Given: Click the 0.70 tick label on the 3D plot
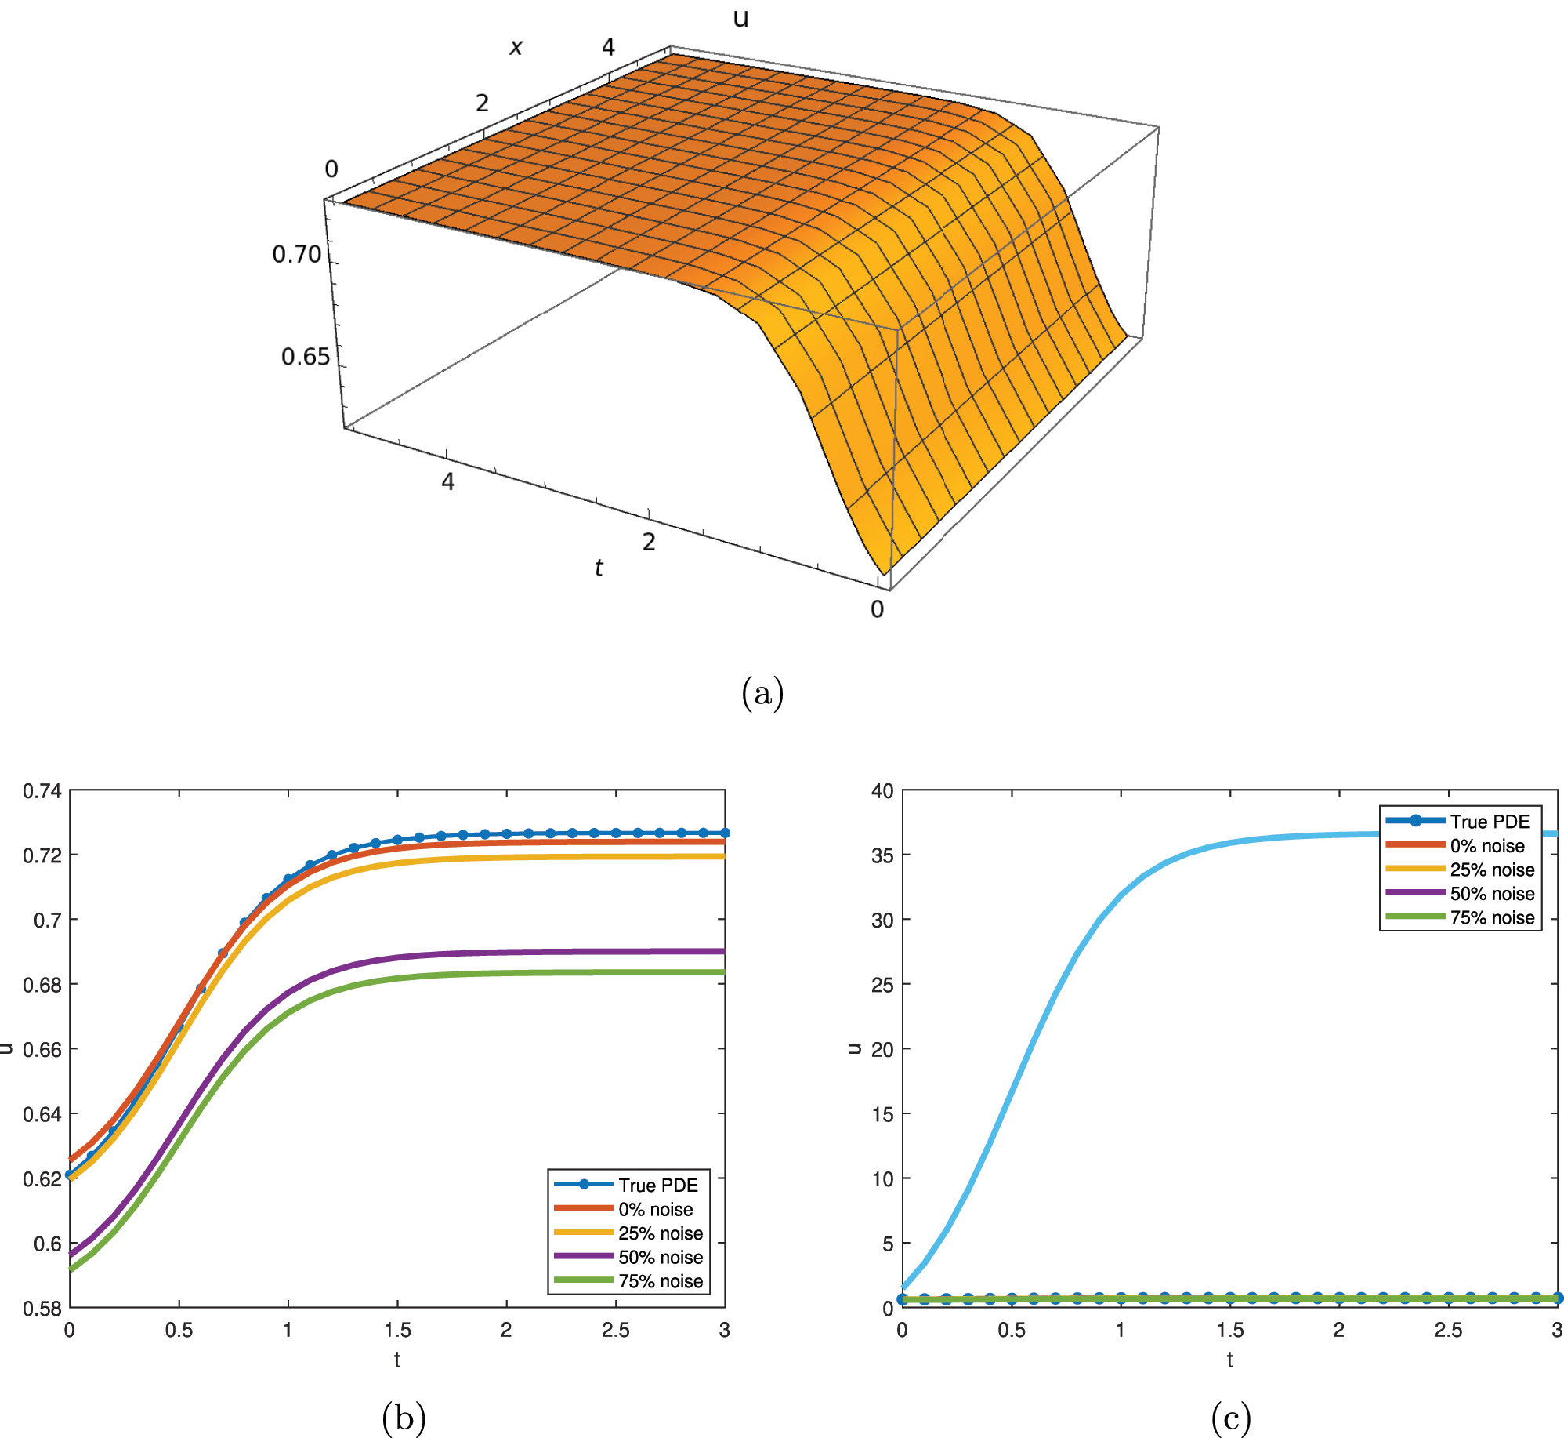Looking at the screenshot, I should [297, 254].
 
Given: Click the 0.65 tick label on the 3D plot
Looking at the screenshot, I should [306, 357].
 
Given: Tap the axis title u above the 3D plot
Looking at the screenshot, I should [740, 17].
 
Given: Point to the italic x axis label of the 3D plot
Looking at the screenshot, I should [516, 47].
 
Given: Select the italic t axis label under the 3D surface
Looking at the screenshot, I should [599, 567].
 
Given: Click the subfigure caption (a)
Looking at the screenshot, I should [762, 693].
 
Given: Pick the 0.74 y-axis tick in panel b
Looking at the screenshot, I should [42, 790].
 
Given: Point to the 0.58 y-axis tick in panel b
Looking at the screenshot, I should [42, 1308].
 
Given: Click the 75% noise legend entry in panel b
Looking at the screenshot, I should [660, 1280].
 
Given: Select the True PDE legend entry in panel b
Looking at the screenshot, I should [657, 1185].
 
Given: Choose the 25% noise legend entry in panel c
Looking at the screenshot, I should [1491, 870].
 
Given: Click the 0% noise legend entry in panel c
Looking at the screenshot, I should [1486, 845].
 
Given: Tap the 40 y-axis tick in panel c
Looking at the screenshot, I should [882, 790].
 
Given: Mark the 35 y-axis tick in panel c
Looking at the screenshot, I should [882, 855].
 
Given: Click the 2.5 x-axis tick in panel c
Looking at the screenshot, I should [1448, 1330].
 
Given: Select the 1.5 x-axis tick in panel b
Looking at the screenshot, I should [397, 1330].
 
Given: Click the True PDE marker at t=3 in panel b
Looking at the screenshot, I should [725, 833].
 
